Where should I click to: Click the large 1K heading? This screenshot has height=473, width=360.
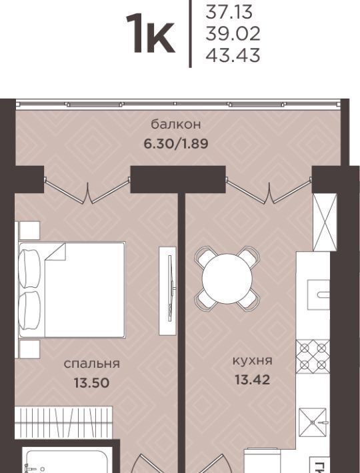coord(150,34)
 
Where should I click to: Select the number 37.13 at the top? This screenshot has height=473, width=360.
coord(229,13)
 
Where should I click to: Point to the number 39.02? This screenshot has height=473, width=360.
coord(233,34)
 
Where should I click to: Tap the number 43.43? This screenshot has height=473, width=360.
coord(233,55)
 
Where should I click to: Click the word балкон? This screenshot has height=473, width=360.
coord(176,124)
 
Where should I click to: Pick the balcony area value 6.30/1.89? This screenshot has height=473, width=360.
coord(176,144)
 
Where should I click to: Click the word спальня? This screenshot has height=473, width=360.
coord(92,364)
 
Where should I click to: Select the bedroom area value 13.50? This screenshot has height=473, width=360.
coord(92,383)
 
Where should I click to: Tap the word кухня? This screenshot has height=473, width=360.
coord(252,361)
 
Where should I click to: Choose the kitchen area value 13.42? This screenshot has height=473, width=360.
coord(252,380)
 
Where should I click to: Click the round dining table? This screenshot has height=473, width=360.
coord(227,278)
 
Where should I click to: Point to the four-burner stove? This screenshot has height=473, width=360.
coord(313,356)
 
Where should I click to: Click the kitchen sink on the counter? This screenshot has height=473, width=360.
coord(318,294)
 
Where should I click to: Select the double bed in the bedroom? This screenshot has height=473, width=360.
coord(72,290)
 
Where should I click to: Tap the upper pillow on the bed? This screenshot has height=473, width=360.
coord(29,269)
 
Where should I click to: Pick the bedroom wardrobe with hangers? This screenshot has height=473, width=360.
coord(63,422)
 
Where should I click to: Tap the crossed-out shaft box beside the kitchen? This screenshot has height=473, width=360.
coord(325,222)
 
